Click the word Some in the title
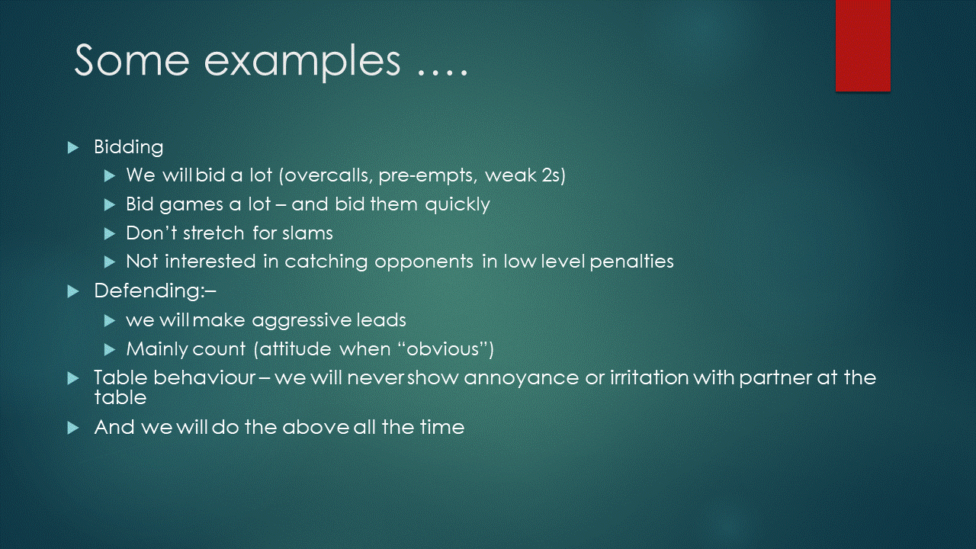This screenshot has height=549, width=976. click(x=132, y=60)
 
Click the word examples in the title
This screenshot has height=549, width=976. click(x=302, y=63)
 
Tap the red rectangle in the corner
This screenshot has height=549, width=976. click(x=862, y=46)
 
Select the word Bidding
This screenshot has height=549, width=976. click(x=129, y=147)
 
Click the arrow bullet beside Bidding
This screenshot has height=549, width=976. click(x=73, y=148)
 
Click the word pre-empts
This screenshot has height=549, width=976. click(x=426, y=176)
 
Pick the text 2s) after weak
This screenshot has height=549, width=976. click(x=554, y=175)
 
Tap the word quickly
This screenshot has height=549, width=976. click(x=457, y=205)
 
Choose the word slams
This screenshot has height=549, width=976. click(x=307, y=233)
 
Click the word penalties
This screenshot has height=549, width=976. click(x=631, y=262)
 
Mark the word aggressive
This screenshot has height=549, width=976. click(x=301, y=321)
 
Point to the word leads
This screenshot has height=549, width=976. click(x=381, y=320)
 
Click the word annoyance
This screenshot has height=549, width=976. click(x=521, y=378)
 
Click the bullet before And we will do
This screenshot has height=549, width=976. click(x=73, y=428)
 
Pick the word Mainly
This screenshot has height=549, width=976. click(x=157, y=349)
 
